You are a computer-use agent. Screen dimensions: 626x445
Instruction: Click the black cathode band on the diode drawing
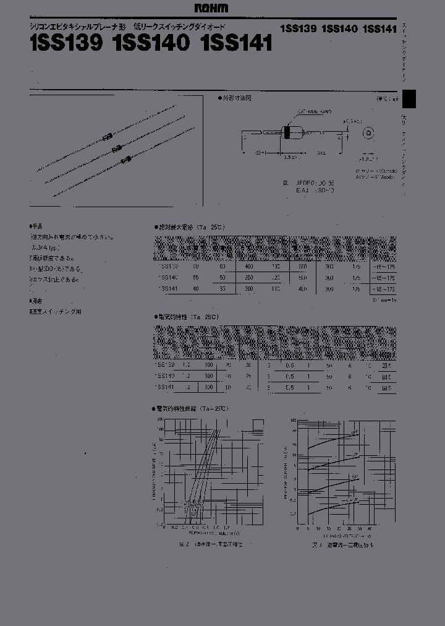pos(286,132)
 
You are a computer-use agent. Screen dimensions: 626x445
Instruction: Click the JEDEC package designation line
pos(305,183)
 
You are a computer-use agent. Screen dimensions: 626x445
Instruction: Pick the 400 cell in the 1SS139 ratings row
pos(248,265)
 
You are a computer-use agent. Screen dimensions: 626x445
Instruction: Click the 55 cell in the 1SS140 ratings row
pos(196,277)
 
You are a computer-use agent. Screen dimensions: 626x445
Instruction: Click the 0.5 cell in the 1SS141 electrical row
pos(290,387)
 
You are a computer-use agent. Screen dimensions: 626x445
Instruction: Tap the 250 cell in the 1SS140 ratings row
pos(248,277)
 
